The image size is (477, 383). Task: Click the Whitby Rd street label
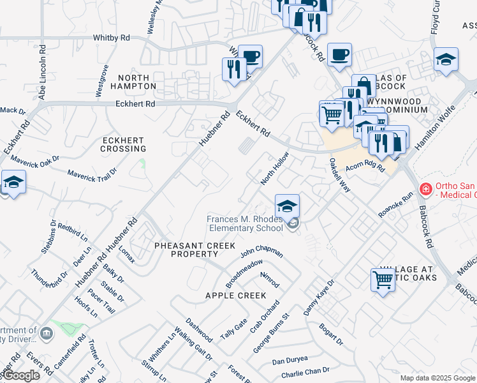tap(111, 38)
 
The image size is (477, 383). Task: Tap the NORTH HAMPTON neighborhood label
tap(133, 81)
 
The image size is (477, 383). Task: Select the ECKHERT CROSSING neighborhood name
tap(123, 144)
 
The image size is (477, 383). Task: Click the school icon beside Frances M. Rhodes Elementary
tap(287, 206)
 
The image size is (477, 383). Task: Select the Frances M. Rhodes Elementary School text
tap(244, 223)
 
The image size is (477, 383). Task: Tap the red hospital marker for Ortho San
tap(425, 189)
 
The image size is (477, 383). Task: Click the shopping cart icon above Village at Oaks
tap(383, 279)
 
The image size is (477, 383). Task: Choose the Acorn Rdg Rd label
tap(365, 167)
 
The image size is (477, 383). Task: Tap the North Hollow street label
tap(275, 169)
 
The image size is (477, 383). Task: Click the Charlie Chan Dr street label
tap(305, 370)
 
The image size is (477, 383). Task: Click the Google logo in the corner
tap(20, 375)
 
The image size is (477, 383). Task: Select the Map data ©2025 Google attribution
tap(437, 378)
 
